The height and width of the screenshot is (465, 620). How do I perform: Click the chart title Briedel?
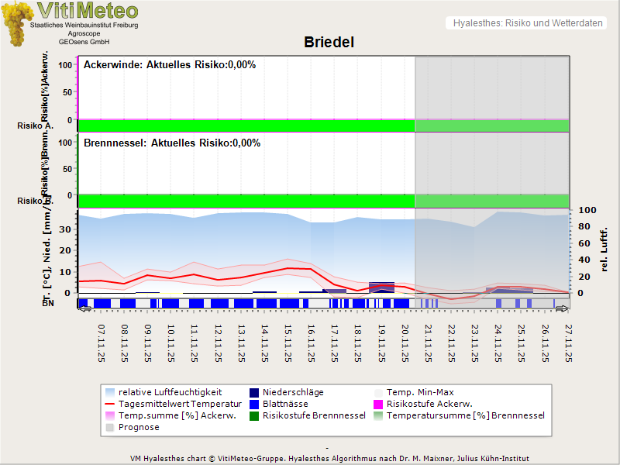click(x=329, y=42)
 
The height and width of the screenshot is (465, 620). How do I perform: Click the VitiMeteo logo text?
click(x=88, y=11)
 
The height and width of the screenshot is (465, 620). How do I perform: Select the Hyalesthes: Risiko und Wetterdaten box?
click(x=527, y=23)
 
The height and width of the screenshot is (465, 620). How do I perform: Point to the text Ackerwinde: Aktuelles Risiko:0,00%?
click(x=170, y=65)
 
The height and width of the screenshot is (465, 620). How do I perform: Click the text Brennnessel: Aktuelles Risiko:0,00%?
click(x=172, y=143)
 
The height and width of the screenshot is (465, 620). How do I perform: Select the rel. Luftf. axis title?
click(x=604, y=249)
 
